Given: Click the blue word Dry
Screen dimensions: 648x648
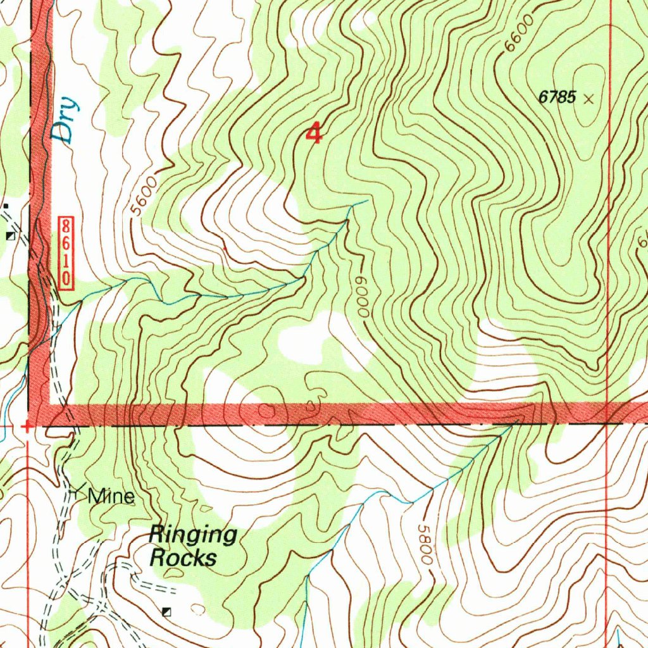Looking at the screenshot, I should (66, 120).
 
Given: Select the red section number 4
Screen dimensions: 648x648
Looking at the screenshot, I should (313, 134).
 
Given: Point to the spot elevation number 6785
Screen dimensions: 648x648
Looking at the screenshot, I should (557, 97).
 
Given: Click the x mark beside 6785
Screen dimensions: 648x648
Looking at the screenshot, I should (590, 99).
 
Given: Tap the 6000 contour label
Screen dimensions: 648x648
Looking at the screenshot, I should (362, 297).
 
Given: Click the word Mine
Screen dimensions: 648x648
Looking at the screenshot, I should (111, 497).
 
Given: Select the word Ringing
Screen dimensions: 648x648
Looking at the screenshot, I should (192, 535).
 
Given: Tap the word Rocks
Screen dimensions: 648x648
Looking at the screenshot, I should (183, 558).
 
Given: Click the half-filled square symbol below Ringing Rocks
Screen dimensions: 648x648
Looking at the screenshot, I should (166, 611).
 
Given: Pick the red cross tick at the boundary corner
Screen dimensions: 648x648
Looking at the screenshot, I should (27, 426).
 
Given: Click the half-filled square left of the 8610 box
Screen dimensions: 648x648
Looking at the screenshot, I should (10, 235).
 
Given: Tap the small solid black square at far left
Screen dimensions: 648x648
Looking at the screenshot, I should (6, 206).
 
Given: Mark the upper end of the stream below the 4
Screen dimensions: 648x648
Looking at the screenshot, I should (367, 201).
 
